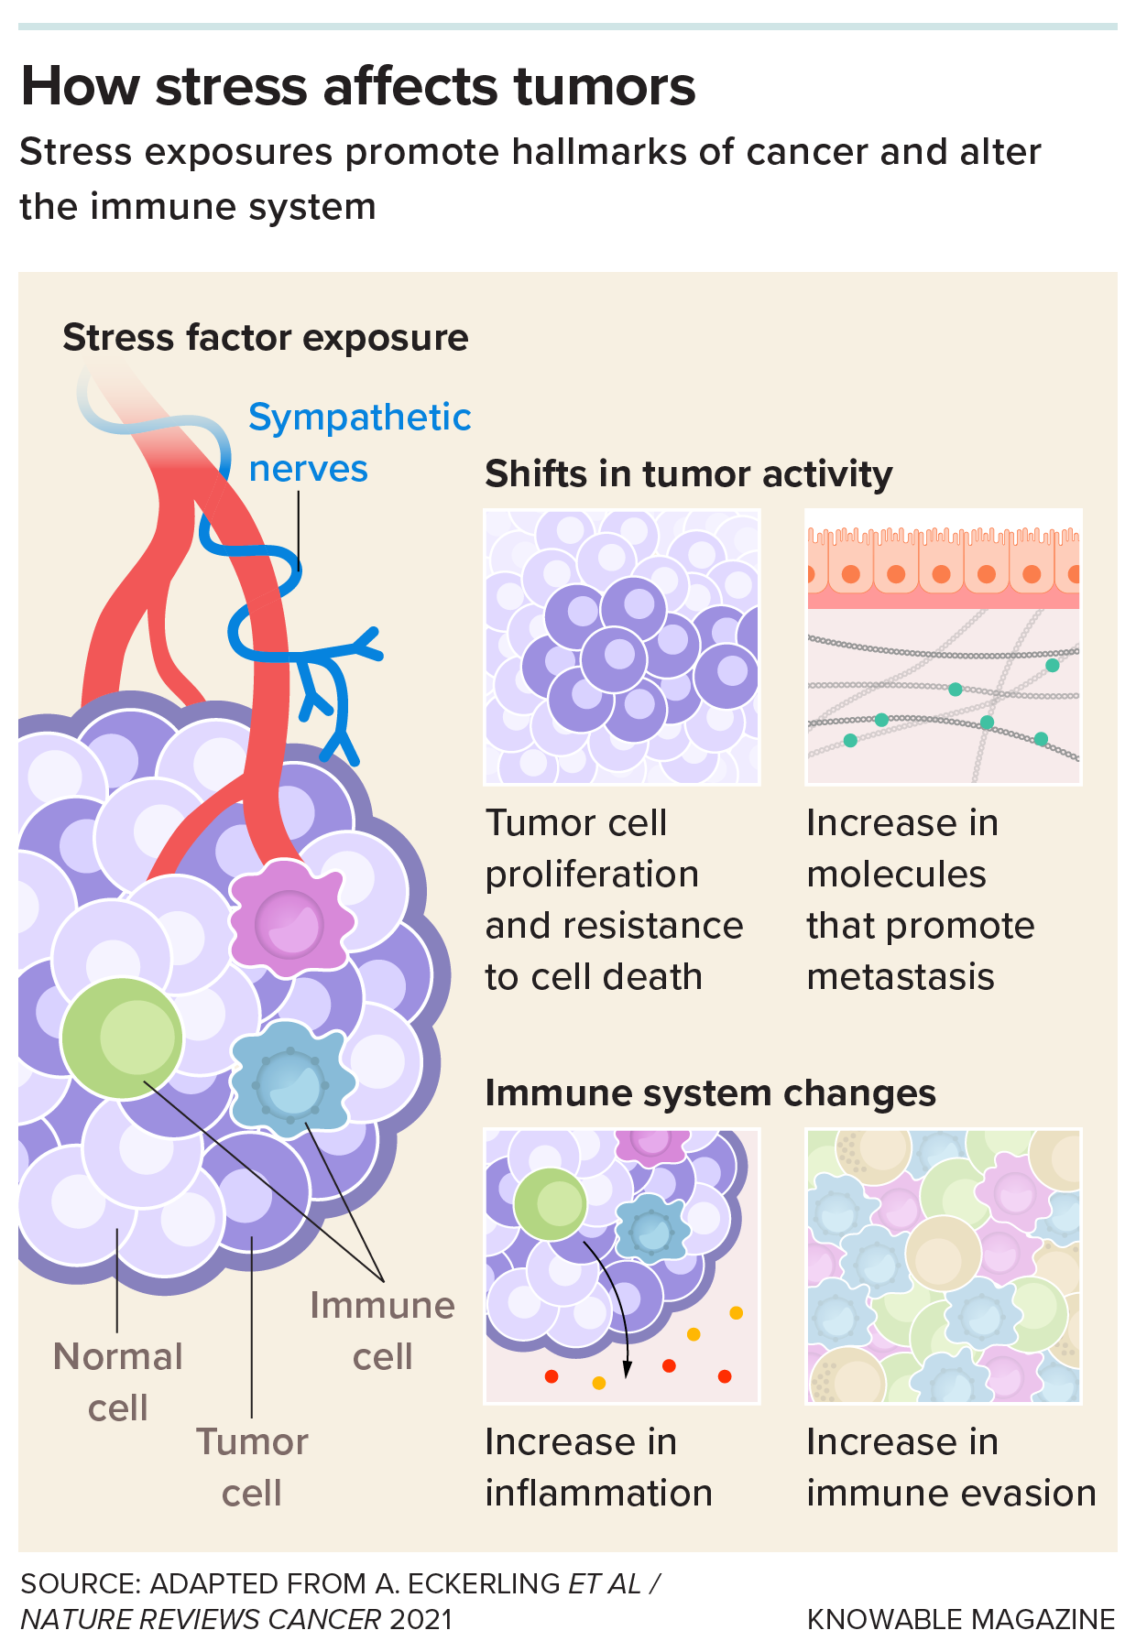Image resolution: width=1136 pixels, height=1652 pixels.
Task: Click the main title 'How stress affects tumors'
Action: (x=357, y=87)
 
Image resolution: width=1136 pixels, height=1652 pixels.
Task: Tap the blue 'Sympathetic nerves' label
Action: (x=358, y=442)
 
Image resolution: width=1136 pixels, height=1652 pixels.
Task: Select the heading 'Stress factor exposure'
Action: (x=265, y=338)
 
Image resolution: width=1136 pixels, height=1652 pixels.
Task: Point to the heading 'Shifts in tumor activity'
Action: (x=688, y=474)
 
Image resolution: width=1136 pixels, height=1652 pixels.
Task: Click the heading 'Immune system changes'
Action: (x=710, y=1093)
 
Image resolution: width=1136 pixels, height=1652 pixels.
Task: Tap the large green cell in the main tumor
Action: (x=123, y=1038)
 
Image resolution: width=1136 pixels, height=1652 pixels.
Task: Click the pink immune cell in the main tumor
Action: (x=289, y=918)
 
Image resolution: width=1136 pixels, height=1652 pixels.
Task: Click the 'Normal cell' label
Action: (x=117, y=1382)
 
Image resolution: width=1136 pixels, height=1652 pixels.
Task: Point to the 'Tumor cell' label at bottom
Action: (x=252, y=1467)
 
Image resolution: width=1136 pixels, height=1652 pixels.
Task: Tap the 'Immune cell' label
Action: (x=382, y=1331)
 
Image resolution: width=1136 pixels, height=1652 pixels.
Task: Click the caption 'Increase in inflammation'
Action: (x=598, y=1467)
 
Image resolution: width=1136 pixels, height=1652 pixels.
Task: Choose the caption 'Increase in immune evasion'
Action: (x=950, y=1467)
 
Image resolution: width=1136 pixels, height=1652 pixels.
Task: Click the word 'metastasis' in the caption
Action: (x=901, y=977)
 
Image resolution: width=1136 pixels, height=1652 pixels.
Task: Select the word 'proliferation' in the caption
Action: (x=592, y=875)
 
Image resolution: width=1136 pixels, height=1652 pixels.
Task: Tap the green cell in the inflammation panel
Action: (x=550, y=1203)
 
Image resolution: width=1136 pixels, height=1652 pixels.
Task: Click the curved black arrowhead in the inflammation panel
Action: (x=628, y=1370)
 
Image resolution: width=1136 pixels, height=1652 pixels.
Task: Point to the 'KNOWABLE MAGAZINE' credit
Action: (x=961, y=1619)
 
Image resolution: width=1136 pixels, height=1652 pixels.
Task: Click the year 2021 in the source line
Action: (x=421, y=1619)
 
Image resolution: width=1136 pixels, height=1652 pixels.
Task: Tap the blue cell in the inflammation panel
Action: (x=652, y=1229)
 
